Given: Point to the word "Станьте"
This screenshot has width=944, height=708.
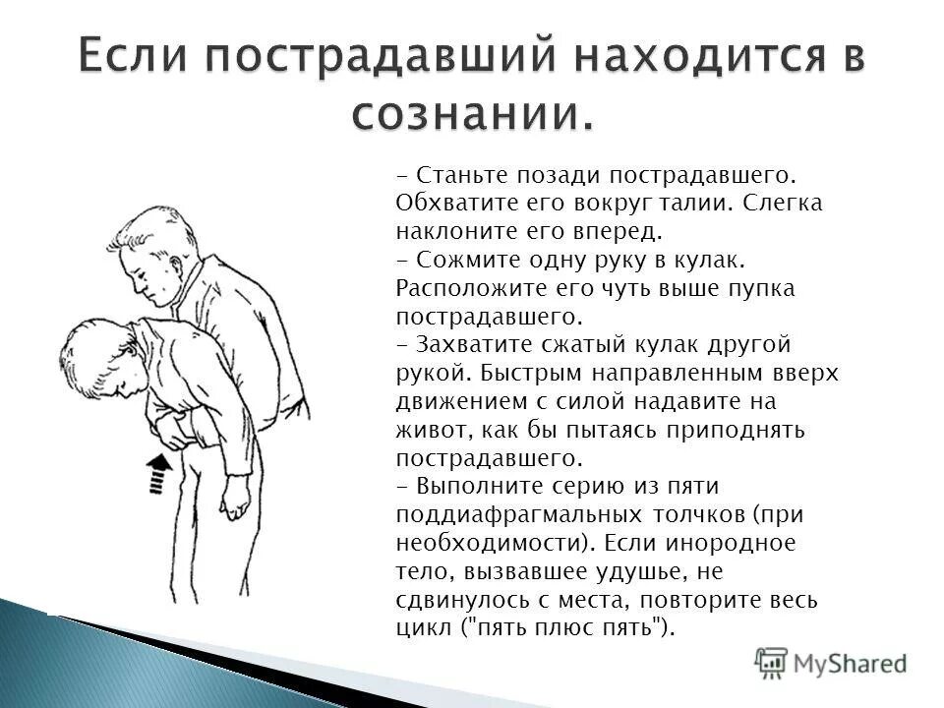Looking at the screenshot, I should (x=461, y=175).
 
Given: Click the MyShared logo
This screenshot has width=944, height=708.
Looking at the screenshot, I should (x=831, y=663).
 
